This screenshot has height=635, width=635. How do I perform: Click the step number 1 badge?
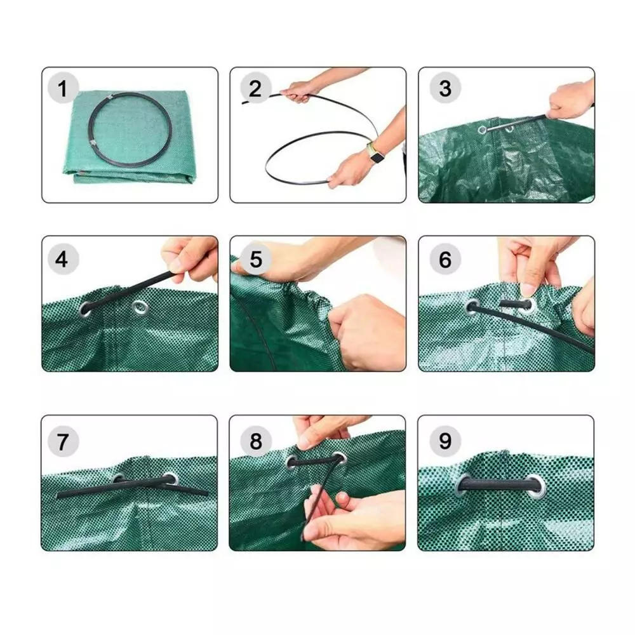(x=63, y=88)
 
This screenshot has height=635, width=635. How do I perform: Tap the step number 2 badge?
(x=255, y=88)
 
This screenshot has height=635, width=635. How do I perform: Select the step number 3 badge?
(x=445, y=88)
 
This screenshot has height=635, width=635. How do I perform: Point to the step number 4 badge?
(x=63, y=259)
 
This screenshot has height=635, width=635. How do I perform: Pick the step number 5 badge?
(x=255, y=259)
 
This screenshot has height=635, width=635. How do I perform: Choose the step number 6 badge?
(x=445, y=259)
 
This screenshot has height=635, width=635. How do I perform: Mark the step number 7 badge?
(x=63, y=441)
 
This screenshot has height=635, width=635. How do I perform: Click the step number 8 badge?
(x=255, y=441)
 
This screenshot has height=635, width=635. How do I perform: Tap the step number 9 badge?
(x=445, y=441)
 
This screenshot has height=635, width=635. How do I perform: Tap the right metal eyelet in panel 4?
(x=140, y=307)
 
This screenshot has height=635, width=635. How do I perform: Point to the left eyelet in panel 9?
(x=462, y=485)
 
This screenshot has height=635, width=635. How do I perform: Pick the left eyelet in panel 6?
(x=472, y=307)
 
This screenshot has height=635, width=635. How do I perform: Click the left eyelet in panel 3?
(x=482, y=130)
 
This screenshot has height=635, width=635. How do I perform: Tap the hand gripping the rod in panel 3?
(x=570, y=100)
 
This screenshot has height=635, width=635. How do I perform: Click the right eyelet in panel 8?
(x=340, y=459)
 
